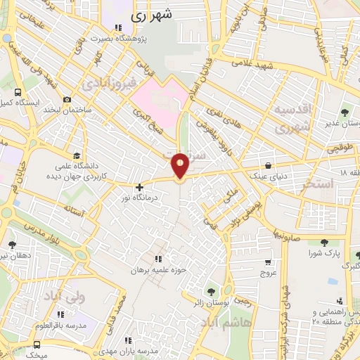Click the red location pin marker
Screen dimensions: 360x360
point(180,165)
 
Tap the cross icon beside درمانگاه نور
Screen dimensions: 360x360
point(140,187)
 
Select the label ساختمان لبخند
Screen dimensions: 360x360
point(67,110)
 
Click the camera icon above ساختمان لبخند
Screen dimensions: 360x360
point(67,100)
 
